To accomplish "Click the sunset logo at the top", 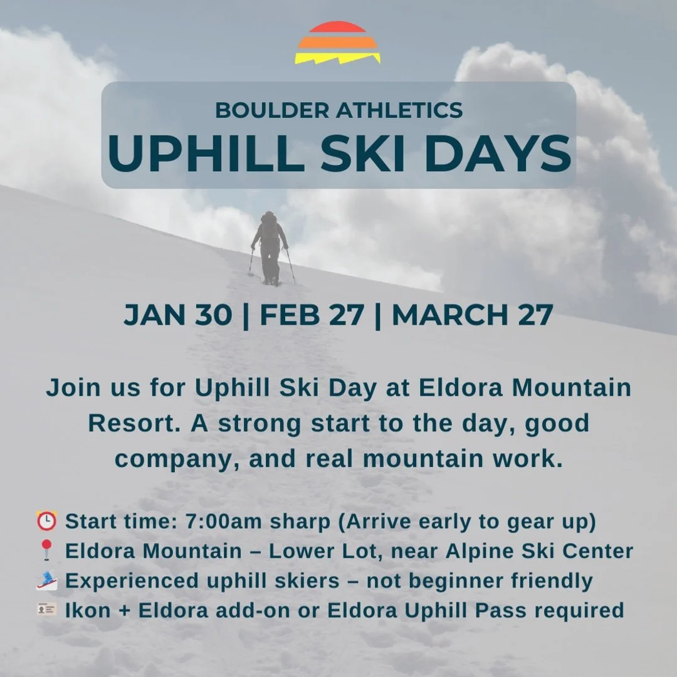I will (x=337, y=43).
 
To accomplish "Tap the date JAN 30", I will (x=177, y=315).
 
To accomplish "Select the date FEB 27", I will (x=312, y=315).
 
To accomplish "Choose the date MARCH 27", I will (x=472, y=315).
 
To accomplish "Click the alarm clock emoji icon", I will (x=46, y=521).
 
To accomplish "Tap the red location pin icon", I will (x=46, y=551).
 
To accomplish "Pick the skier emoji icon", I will (x=46, y=580).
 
